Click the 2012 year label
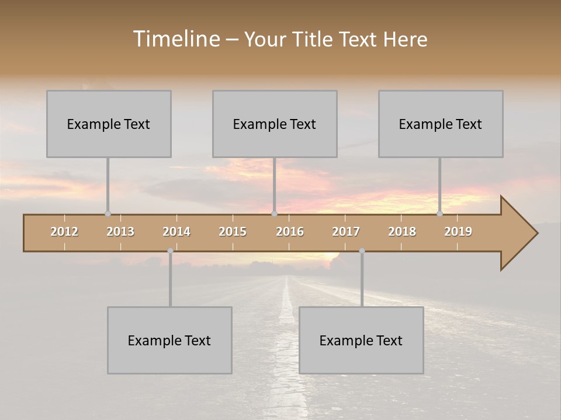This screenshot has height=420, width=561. point(64,232)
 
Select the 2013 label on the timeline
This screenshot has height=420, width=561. point(120,232)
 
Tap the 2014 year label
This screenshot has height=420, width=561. point(176,232)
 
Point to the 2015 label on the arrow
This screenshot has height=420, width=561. point(233,232)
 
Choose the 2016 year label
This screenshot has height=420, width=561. point(290,232)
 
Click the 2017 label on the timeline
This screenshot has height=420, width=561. point(346,232)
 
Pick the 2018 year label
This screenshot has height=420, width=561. point(402,232)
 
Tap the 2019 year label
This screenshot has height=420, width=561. point(458,232)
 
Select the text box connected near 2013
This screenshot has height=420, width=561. point(109,124)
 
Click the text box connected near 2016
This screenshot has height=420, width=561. point(275,124)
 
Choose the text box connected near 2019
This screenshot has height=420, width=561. point(441,124)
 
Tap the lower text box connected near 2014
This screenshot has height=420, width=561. point(169,340)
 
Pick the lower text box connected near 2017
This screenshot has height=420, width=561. point(361,340)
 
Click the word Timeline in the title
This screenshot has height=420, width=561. point(175,39)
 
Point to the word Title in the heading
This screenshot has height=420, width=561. point(316,39)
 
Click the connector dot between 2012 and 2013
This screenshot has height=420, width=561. point(108,214)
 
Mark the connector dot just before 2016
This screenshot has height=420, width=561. point(274,214)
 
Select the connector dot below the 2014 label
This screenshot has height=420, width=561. point(170,251)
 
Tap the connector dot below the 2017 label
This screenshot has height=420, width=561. point(362,251)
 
